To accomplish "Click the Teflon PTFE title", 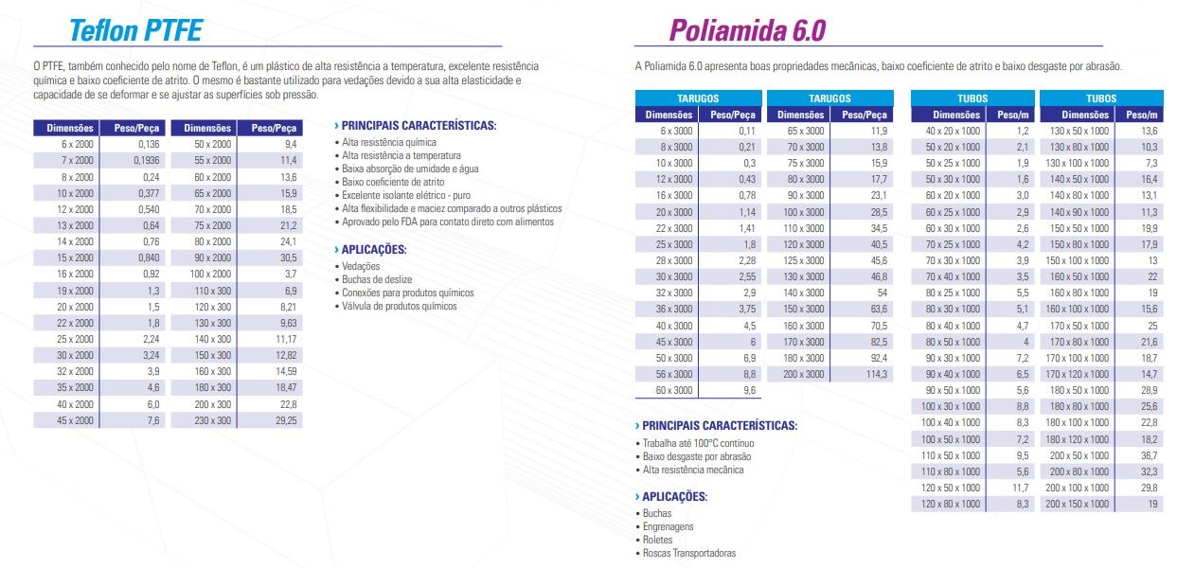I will click(135, 30).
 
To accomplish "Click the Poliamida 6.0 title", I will click(747, 30).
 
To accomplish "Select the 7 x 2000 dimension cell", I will click(78, 160).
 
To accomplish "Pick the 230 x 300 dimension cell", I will click(214, 419).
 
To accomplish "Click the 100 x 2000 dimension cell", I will click(213, 274).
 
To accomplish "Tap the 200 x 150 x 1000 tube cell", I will click(1078, 505).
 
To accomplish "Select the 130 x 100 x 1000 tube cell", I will click(1078, 163).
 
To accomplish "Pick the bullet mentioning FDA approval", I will click(448, 222).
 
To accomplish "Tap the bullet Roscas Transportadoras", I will click(688, 553).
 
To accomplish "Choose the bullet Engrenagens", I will click(668, 526).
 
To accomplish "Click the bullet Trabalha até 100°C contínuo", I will click(698, 443).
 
